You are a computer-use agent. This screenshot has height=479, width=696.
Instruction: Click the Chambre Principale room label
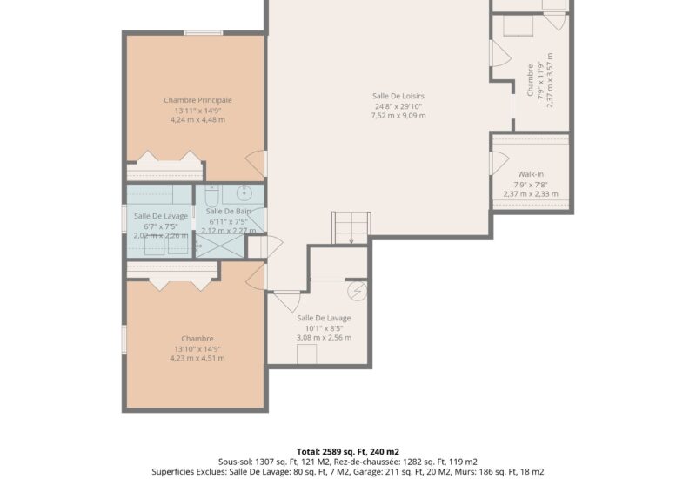coord(197,100)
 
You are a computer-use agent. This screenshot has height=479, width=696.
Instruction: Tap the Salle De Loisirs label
coord(398,96)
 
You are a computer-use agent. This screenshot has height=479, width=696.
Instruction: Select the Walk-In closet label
coord(531,174)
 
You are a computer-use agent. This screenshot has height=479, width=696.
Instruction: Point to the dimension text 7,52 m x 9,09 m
coord(398,116)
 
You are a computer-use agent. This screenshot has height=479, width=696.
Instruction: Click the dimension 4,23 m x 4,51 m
coord(197,358)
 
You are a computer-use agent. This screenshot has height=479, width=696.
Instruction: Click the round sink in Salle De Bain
coord(244,192)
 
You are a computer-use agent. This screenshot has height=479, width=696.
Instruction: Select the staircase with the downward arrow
coord(351,228)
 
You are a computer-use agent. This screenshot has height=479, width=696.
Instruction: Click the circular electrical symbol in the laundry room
coord(357,291)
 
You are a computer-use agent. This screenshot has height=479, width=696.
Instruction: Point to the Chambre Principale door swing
coord(255,163)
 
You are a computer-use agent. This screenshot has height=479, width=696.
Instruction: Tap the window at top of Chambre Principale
coord(204,32)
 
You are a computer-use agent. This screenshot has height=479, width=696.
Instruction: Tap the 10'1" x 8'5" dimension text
coord(324,328)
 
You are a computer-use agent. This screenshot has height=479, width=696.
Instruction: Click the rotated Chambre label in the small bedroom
coord(531,80)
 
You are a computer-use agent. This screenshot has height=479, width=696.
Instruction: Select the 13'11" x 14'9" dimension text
coord(197,111)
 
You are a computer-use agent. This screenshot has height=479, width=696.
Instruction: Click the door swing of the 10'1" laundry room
coord(287,300)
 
